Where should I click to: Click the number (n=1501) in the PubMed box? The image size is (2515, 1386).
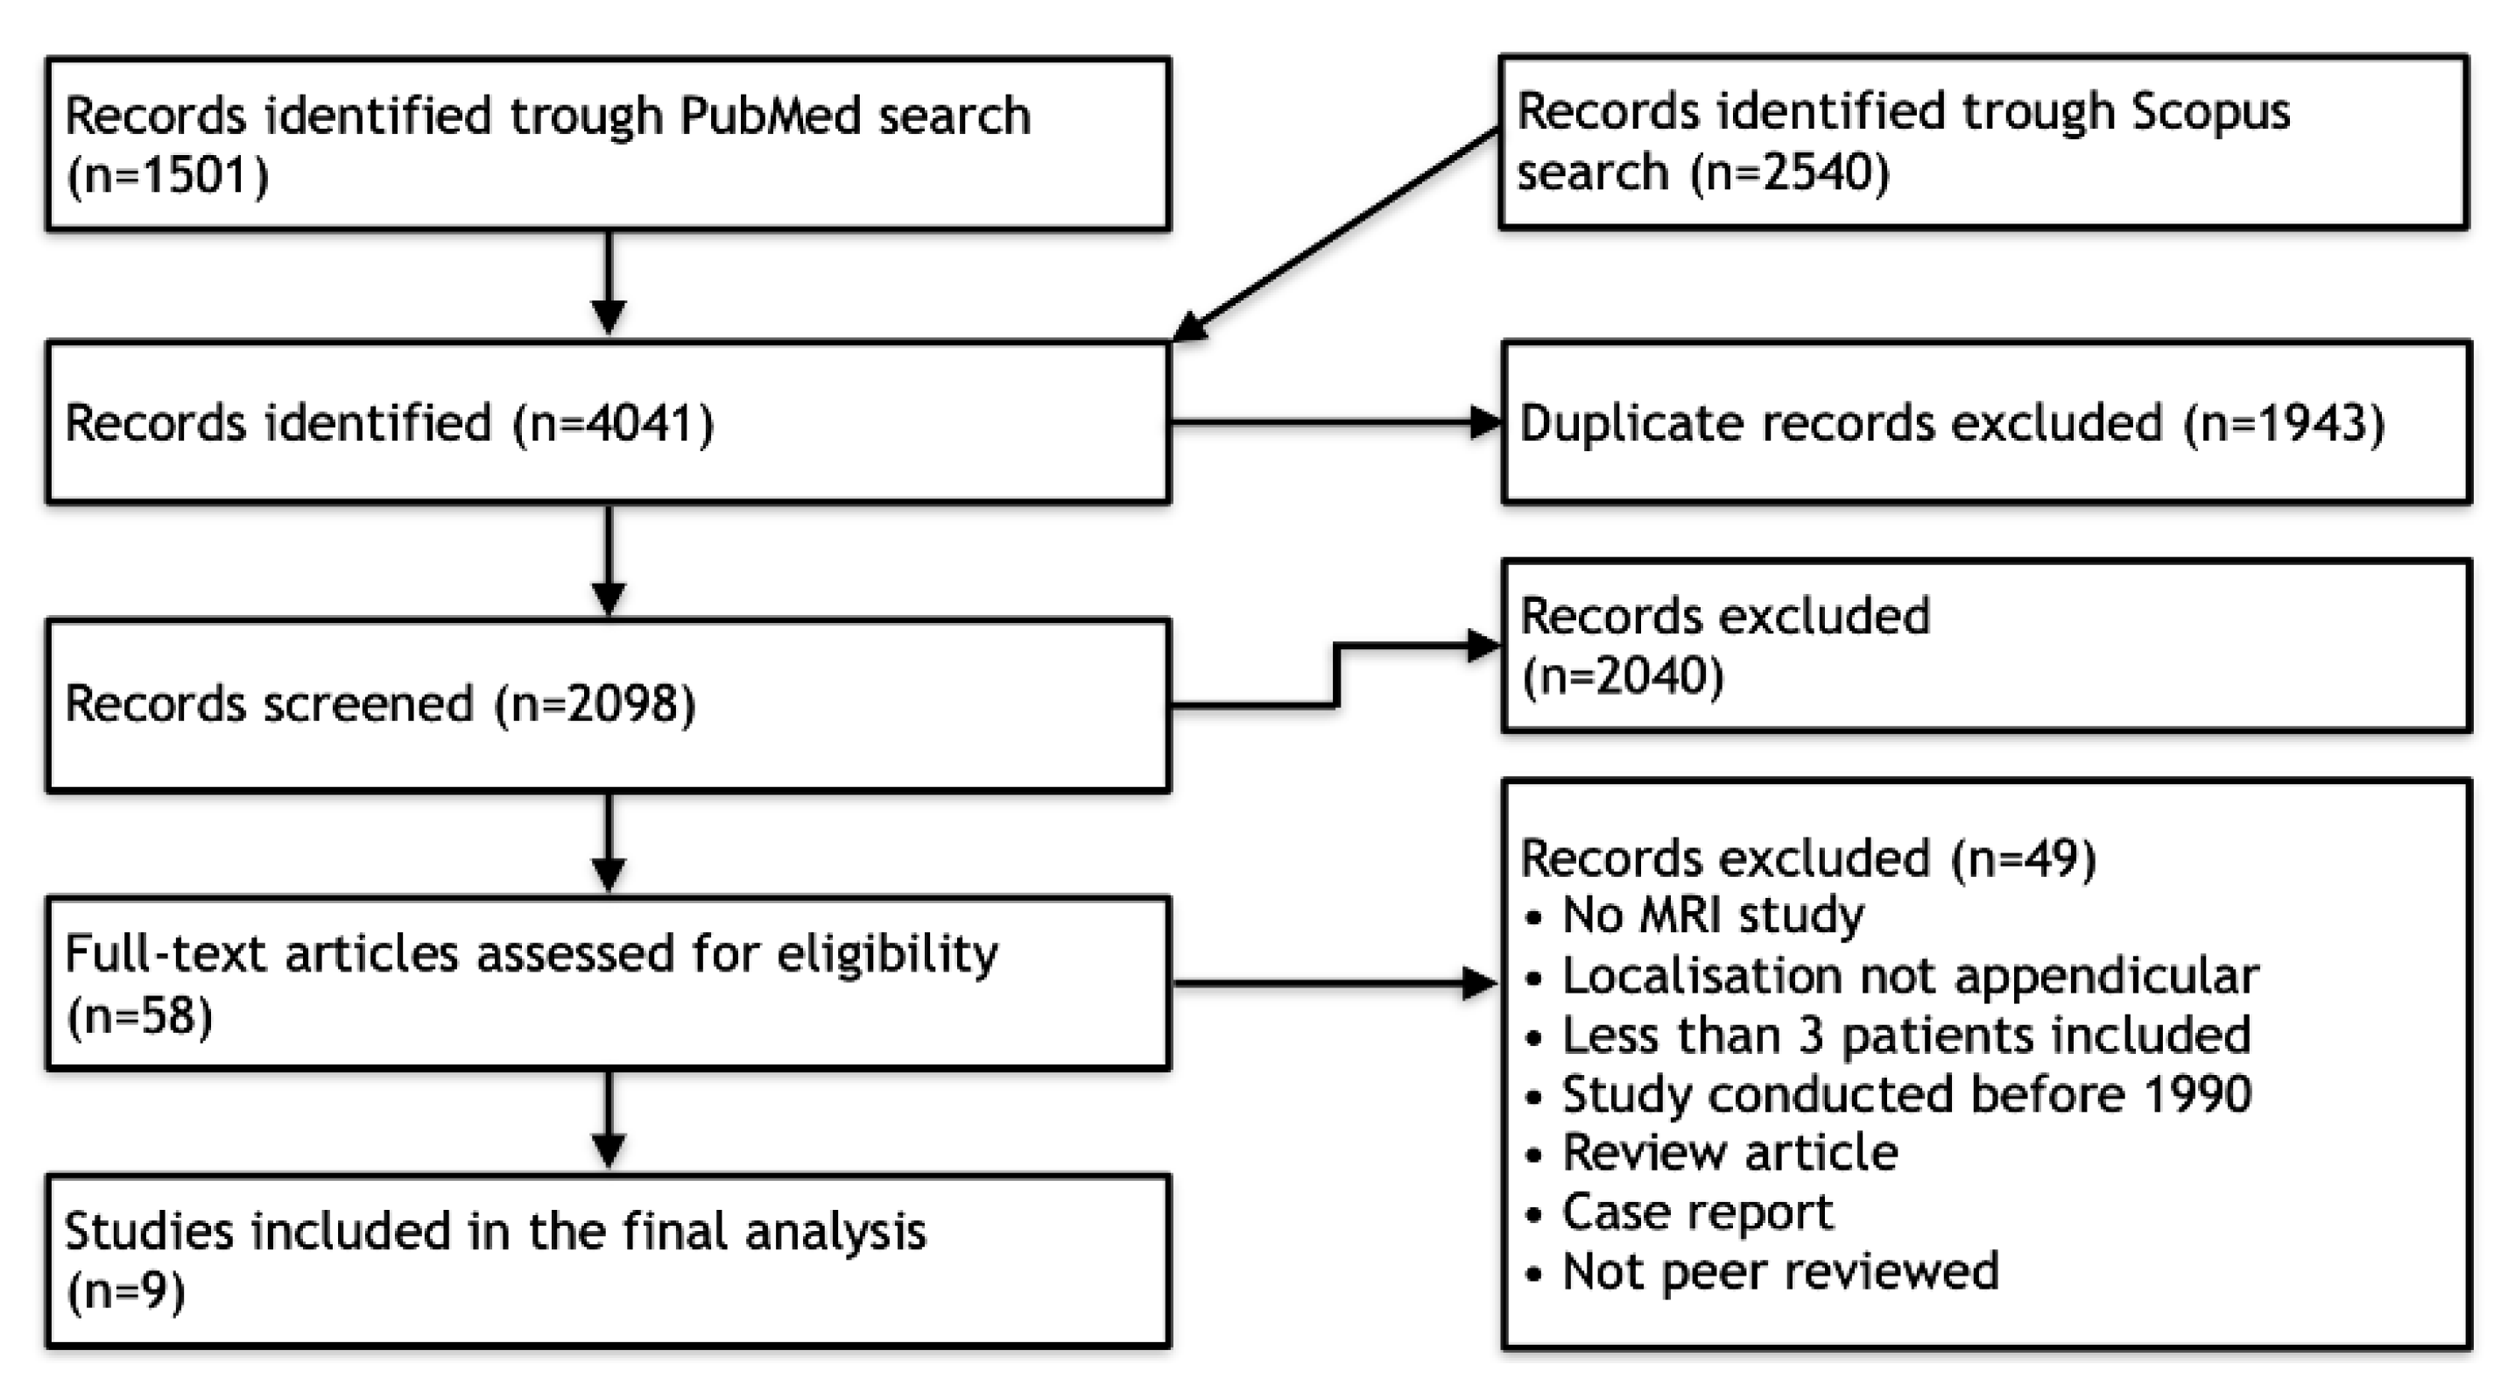(168, 177)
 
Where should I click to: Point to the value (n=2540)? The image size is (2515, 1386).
(1791, 173)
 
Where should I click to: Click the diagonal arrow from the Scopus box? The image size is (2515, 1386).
(1337, 235)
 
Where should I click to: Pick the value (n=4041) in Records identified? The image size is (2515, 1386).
(614, 424)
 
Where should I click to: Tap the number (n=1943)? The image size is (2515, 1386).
(2284, 424)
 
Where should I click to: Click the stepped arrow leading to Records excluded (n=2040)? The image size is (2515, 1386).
(1335, 674)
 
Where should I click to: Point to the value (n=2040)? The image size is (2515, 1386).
(1623, 675)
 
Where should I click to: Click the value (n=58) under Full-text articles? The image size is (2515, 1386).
(139, 1017)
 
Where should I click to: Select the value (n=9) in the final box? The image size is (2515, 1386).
(126, 1292)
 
